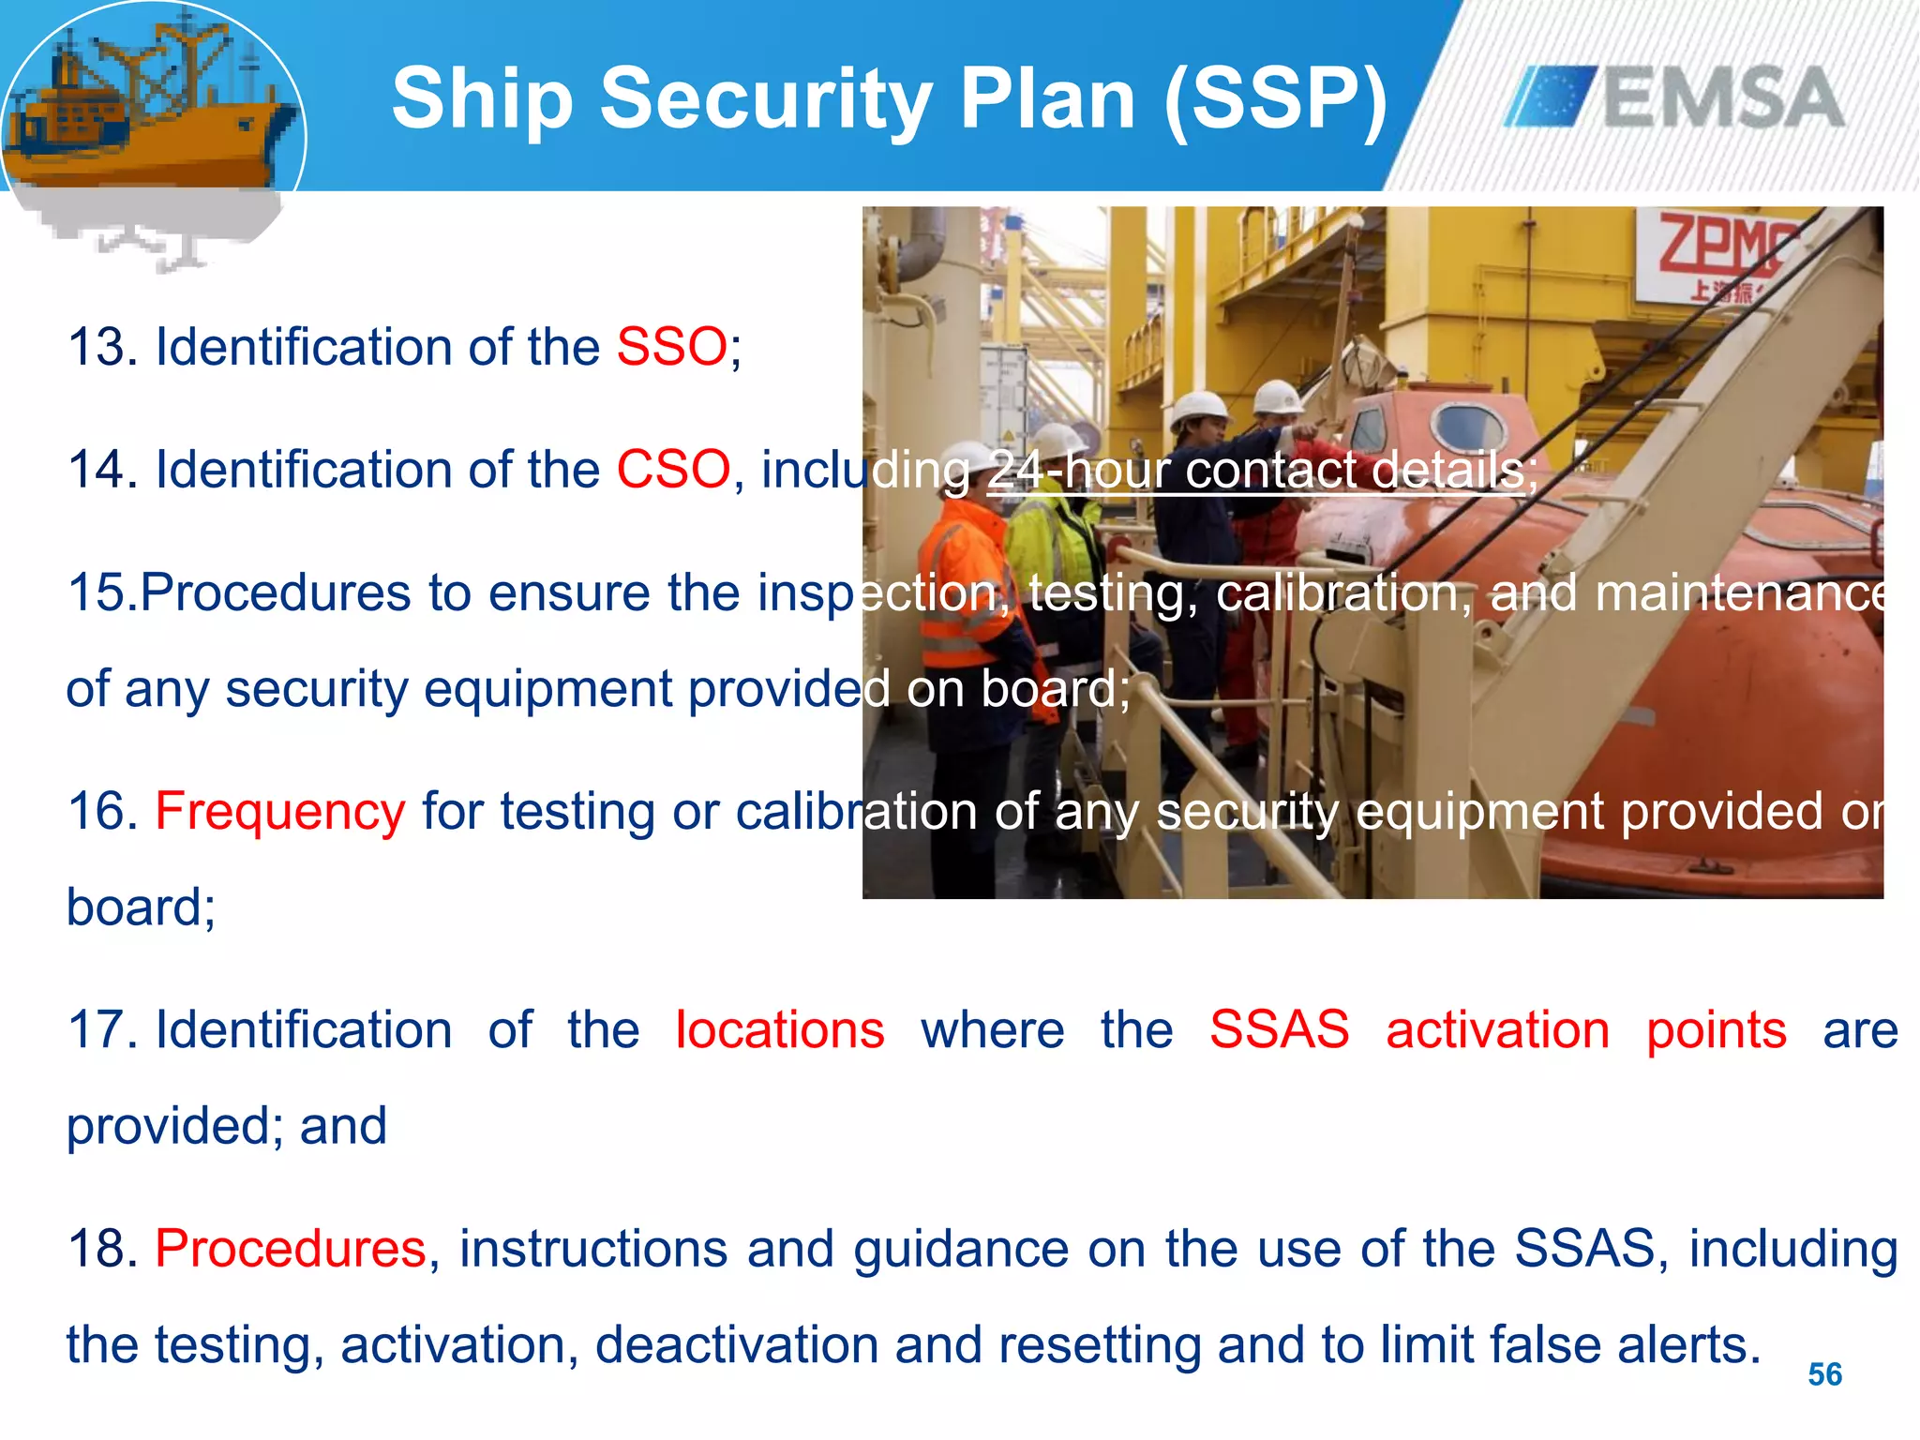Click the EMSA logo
point(1674,97)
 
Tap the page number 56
point(1824,1374)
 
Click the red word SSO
point(671,347)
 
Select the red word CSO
point(672,469)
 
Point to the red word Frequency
point(279,812)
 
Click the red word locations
point(779,1030)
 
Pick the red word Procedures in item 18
point(291,1249)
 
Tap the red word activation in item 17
point(1497,1030)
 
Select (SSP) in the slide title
point(1275,99)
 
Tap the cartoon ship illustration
point(150,122)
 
